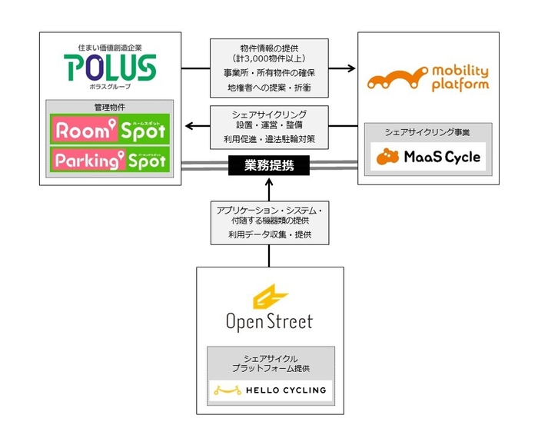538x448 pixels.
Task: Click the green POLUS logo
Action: pos(111,68)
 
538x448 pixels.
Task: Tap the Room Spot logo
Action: pos(108,130)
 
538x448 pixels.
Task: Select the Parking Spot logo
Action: pos(108,160)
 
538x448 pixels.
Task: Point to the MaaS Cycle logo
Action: pos(429,157)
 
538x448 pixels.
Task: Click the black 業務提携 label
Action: pos(269,165)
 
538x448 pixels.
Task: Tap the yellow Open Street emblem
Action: pos(269,297)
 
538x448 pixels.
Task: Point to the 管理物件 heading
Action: pos(108,107)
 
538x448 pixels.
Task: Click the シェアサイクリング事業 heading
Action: pos(429,131)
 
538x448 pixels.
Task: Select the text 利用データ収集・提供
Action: pos(269,234)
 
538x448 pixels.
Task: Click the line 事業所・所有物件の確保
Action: pos(269,72)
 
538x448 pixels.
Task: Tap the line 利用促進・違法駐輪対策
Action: pos(269,140)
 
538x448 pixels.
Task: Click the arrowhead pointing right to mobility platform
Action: pos(352,68)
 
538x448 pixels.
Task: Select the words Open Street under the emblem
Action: pos(269,321)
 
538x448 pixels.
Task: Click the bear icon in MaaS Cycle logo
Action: pos(388,157)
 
